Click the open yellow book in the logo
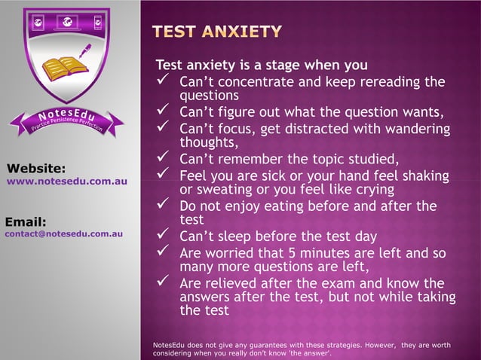point(65,69)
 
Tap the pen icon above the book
point(84,50)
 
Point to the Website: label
point(35,168)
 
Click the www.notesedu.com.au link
point(66,182)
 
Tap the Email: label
point(26,221)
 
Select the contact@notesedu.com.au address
point(64,234)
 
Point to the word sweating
point(222,189)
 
